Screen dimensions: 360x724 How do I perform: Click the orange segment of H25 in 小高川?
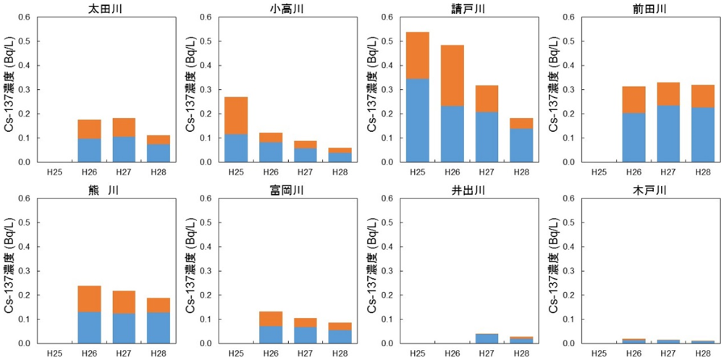(x=236, y=115)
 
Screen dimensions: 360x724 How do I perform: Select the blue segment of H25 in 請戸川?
(x=417, y=120)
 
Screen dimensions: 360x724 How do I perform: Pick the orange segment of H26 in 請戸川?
(x=452, y=75)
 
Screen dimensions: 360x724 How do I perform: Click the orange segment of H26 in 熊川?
(x=90, y=298)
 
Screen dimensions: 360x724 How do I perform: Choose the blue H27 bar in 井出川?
(x=487, y=338)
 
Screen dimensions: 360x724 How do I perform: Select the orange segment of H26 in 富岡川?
(x=271, y=319)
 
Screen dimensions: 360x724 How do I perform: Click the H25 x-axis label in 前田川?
(x=597, y=172)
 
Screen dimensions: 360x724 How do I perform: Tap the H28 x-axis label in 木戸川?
(x=702, y=353)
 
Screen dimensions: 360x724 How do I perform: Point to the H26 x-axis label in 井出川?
(x=452, y=353)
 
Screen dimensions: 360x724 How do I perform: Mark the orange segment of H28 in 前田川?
(x=702, y=96)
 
